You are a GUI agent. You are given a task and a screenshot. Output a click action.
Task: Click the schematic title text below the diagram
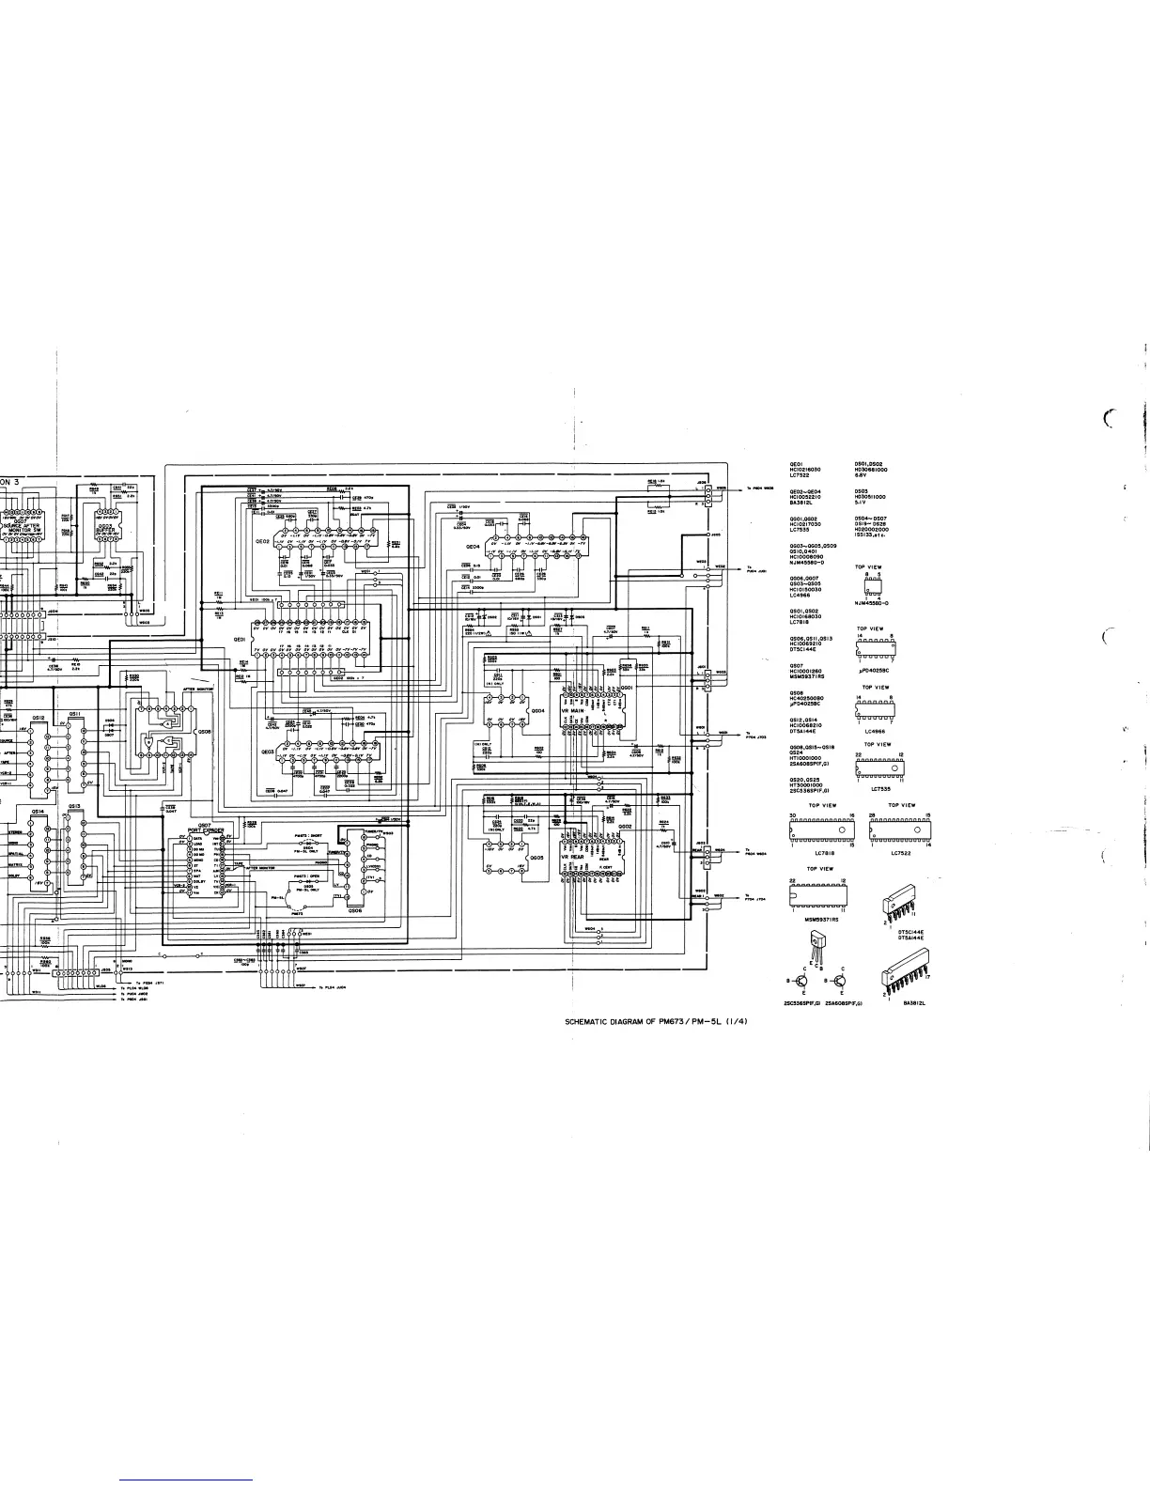pos(655,1022)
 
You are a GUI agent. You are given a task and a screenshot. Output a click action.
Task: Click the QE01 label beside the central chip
pos(240,638)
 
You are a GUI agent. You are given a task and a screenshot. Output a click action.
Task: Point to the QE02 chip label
pos(262,542)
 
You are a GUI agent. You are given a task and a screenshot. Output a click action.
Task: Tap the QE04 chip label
pos(472,545)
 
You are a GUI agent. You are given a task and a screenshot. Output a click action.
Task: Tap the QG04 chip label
pos(538,711)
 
